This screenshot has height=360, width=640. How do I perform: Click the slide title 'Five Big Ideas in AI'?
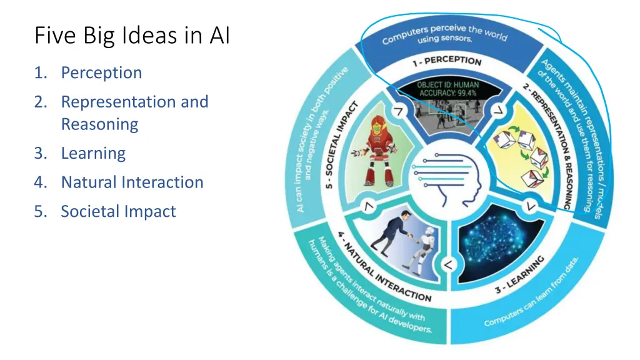tap(132, 36)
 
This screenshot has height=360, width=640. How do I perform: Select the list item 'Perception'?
tap(101, 72)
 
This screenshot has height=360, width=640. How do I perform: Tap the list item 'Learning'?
tap(93, 153)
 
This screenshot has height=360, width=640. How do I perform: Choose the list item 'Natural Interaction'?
tap(132, 182)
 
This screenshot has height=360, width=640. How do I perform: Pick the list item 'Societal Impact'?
tap(118, 211)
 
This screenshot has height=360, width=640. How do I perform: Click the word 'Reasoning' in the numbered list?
tap(99, 124)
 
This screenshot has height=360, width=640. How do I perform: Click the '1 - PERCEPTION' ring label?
tap(446, 61)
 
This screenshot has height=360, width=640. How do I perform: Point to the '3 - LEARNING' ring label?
tap(520, 274)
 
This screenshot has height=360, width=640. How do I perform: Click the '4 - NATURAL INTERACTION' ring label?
tap(384, 268)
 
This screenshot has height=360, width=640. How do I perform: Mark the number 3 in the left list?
tap(39, 153)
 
